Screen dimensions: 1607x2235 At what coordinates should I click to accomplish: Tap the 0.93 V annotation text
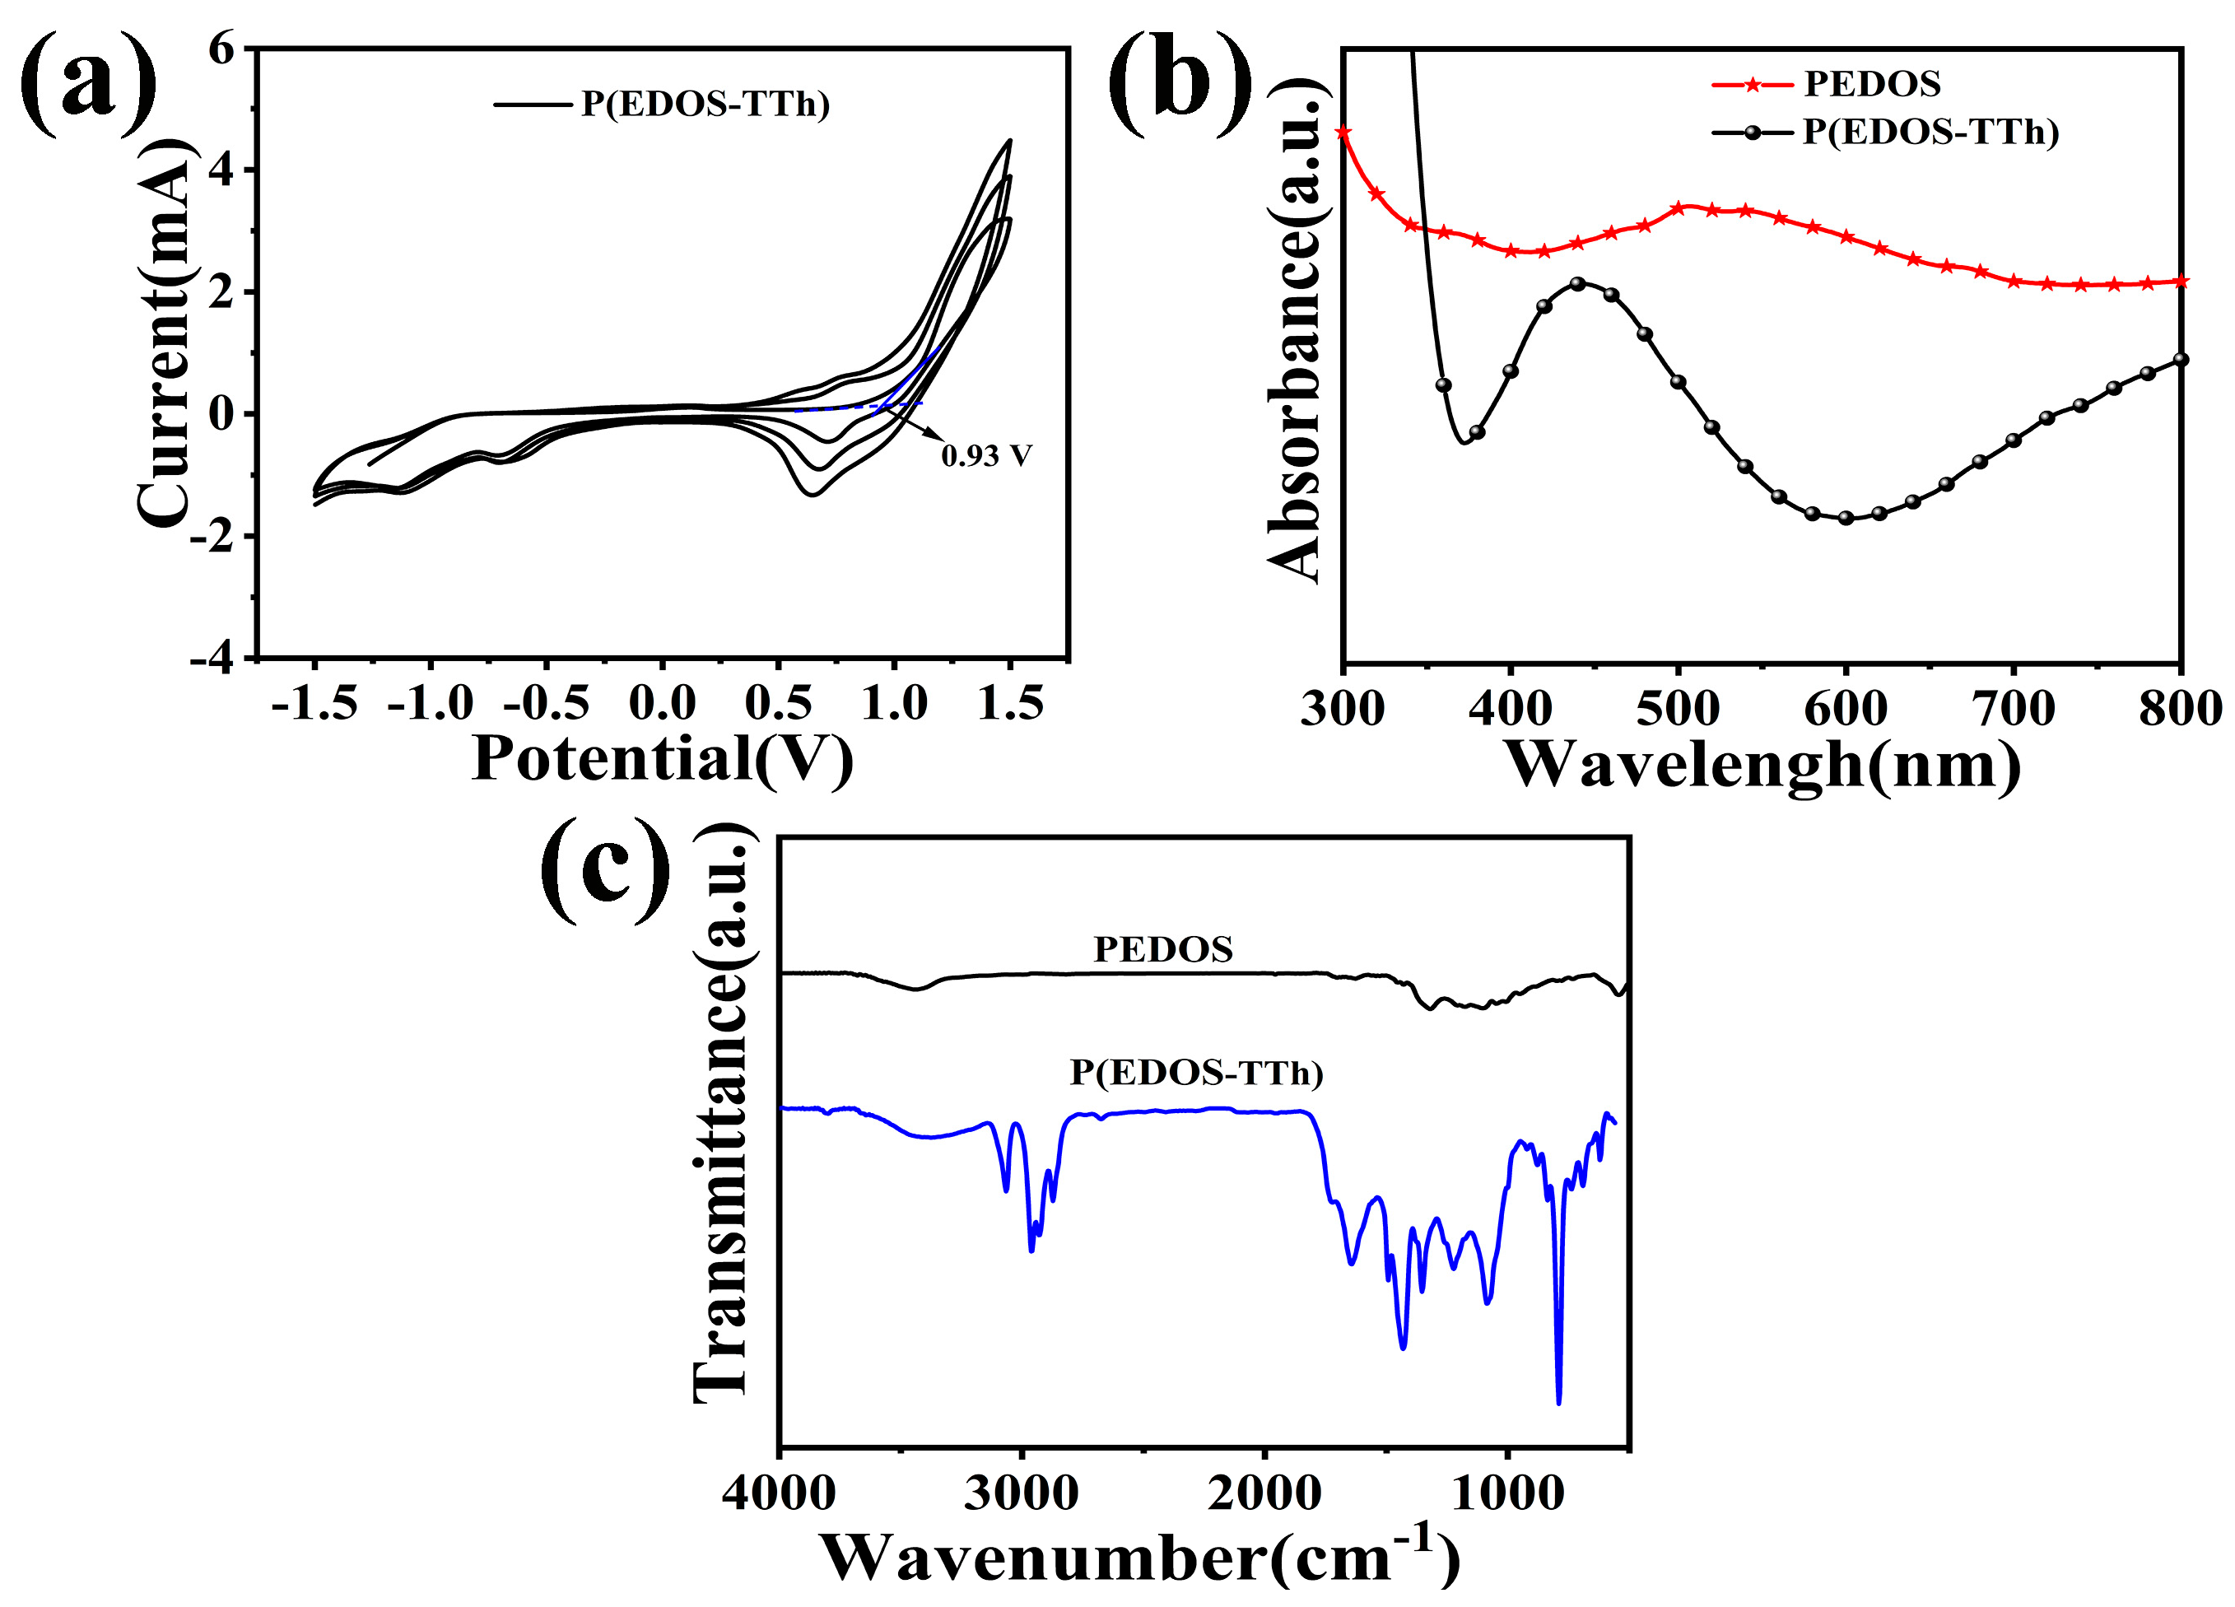[985, 456]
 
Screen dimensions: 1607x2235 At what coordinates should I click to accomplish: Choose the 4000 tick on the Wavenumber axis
[779, 1493]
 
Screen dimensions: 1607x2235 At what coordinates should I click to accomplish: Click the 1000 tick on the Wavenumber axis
[1508, 1493]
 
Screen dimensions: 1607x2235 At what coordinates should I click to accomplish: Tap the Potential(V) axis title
[662, 759]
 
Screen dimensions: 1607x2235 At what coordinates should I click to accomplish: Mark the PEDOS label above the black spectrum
[1163, 950]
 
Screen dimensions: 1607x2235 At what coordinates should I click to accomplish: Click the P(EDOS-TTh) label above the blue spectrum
[1196, 1072]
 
